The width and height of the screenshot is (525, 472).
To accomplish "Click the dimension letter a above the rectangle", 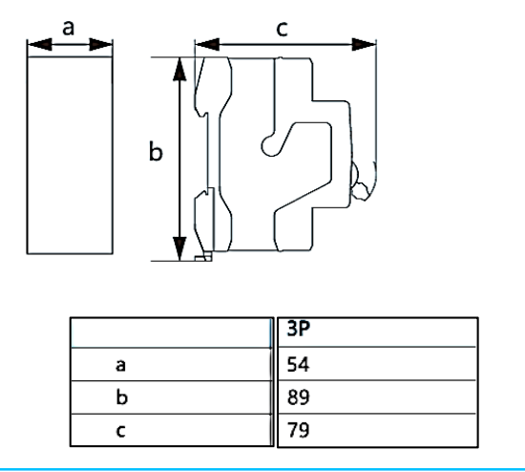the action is (69, 28).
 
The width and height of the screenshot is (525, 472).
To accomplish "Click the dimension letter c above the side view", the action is (283, 29).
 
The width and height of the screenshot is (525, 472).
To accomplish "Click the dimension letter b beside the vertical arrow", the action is (156, 152).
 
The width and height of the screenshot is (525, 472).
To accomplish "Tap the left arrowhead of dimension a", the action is (40, 44).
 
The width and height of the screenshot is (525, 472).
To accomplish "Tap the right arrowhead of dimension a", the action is (101, 44).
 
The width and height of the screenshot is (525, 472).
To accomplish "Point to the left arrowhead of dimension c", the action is (207, 44).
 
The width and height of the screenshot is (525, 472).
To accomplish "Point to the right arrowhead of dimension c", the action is (364, 44).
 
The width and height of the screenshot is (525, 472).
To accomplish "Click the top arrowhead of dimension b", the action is (179, 70).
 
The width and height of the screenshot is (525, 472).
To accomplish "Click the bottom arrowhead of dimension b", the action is (179, 248).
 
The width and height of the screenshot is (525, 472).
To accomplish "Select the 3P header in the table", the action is (299, 329).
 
